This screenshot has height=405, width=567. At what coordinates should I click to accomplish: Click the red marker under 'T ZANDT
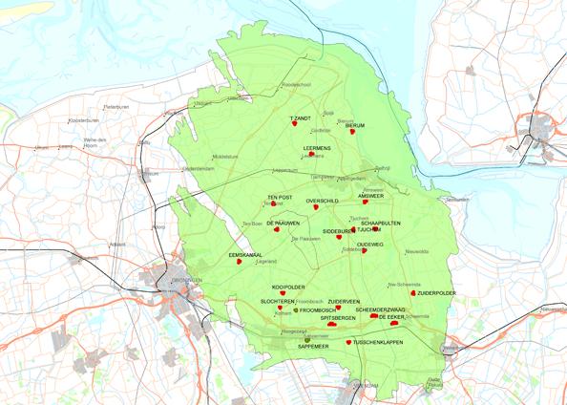tap(296, 128)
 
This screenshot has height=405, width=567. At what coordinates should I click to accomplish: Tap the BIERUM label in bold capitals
tap(355, 125)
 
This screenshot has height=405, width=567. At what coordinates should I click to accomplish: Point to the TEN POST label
tap(280, 197)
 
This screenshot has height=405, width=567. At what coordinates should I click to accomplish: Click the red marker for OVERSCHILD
tap(316, 207)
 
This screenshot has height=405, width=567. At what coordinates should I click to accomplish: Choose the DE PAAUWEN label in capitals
tap(283, 222)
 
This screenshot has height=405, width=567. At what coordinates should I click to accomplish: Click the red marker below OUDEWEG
tap(364, 251)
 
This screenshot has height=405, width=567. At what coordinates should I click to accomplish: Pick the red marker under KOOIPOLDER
tap(283, 292)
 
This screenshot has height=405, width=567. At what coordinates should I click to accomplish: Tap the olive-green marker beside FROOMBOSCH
tap(296, 310)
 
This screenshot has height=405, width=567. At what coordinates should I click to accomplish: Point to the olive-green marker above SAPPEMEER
tap(307, 339)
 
